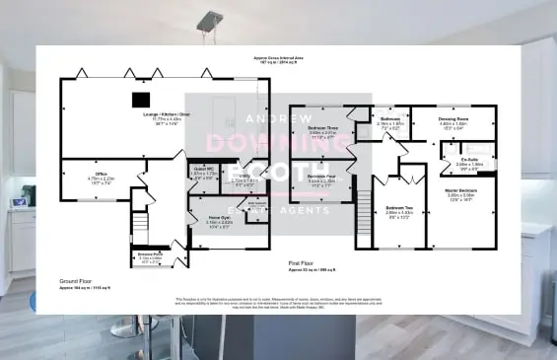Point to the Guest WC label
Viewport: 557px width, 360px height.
point(202,168)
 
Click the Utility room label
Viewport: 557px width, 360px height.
point(244,179)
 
